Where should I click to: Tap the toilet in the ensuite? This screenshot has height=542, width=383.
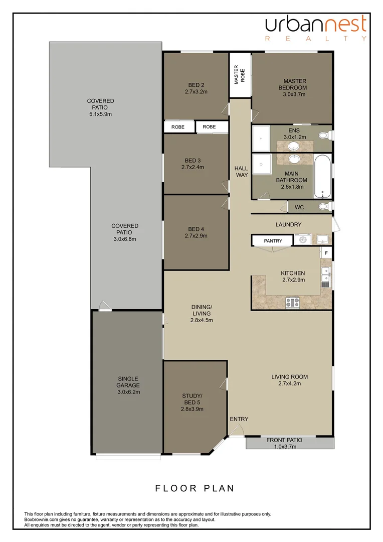point(323,135)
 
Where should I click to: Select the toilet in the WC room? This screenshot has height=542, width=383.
point(323,206)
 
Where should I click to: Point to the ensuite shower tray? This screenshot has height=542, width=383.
point(260,139)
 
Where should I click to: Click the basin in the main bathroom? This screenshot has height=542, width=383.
point(294,159)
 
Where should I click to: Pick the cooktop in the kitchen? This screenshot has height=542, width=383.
point(292,302)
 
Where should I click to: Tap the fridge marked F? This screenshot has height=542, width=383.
point(326,253)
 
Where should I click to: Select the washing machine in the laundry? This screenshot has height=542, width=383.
point(302,240)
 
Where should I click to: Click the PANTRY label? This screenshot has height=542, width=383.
point(273,241)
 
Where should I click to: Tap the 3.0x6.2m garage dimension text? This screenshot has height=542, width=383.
point(128,392)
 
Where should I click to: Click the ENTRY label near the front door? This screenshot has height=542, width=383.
point(239,419)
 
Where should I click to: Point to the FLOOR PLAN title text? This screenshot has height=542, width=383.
point(195,488)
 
